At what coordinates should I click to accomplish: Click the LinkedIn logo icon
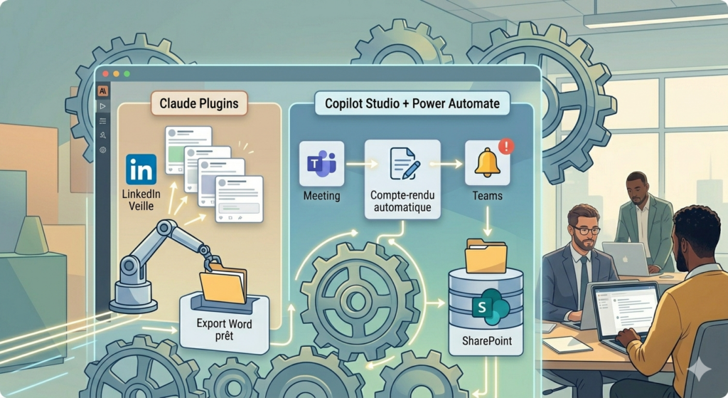pos(141,169)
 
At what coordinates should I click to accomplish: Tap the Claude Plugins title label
pos(199,103)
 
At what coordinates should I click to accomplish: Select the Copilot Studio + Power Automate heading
pos(412,103)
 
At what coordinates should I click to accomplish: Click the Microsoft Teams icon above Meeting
pos(322,164)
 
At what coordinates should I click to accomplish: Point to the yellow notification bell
pos(487,163)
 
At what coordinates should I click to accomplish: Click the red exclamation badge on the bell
pos(506,146)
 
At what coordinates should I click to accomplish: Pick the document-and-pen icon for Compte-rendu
pos(403,164)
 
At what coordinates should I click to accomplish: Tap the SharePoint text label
pos(486,341)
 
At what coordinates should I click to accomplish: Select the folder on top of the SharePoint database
pos(486,256)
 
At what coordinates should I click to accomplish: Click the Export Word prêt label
pos(224,329)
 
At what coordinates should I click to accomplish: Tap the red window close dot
pos(106,74)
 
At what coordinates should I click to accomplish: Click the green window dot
pos(127,74)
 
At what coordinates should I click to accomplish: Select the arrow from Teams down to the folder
pos(487,221)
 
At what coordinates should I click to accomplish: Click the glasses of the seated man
pos(585,230)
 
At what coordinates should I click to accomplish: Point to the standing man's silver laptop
pos(624,258)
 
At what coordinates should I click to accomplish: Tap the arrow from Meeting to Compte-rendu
pos(362,164)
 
